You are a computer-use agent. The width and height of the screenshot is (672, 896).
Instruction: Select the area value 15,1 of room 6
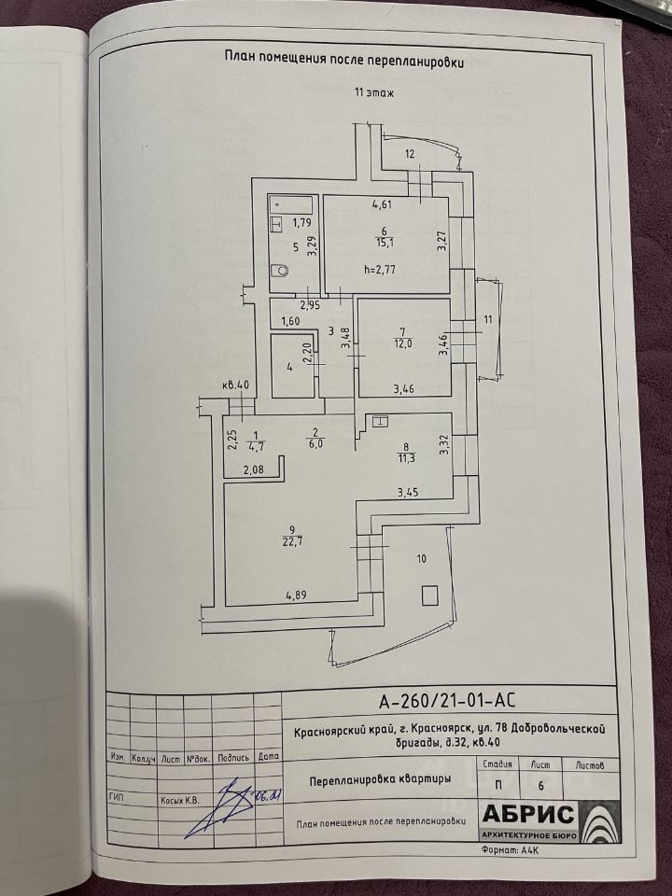(384, 244)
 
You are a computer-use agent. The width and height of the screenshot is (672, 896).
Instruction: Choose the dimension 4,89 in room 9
(297, 593)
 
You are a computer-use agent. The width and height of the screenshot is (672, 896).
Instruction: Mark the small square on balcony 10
(428, 593)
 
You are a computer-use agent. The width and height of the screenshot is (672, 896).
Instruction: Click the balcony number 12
(409, 154)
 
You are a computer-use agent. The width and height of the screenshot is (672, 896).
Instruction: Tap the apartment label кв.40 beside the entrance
(236, 385)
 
